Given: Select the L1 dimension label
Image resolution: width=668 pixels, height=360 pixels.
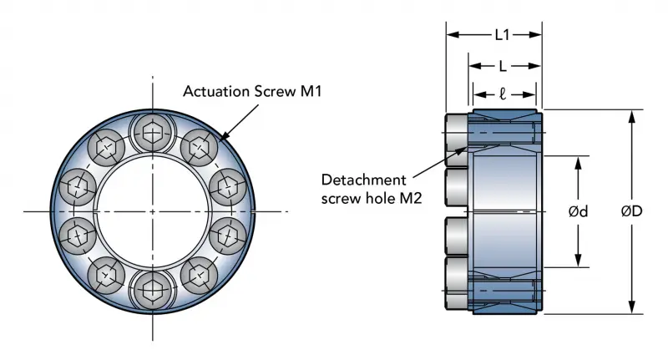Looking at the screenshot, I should tap(503, 35).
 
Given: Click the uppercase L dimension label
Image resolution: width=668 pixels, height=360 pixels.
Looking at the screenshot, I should tap(502, 65).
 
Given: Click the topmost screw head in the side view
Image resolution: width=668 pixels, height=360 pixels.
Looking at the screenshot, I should tap(458, 133).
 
